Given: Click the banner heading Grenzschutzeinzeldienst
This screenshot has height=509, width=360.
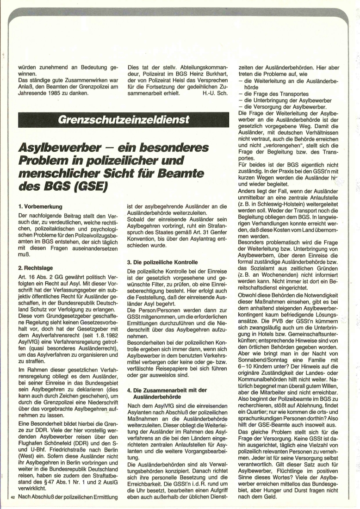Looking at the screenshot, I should click(124, 119).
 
